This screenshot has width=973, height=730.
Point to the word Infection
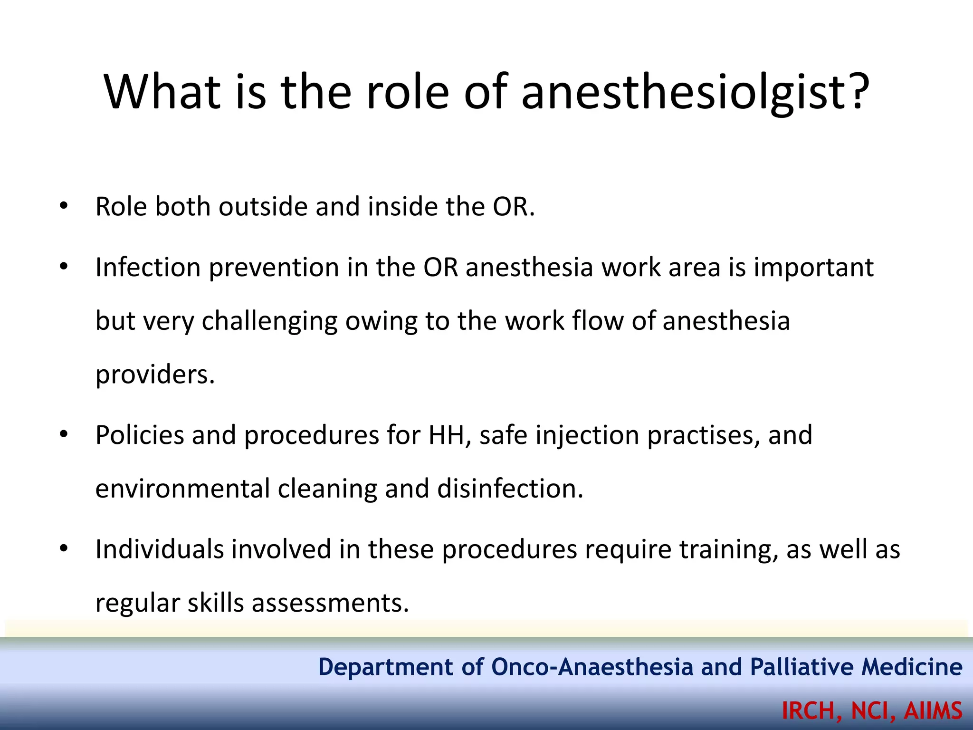click(x=148, y=267)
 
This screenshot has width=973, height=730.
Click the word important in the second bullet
click(x=813, y=268)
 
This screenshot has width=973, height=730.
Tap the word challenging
click(x=269, y=321)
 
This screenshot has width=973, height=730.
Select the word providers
click(x=155, y=375)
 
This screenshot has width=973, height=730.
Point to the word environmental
click(x=182, y=489)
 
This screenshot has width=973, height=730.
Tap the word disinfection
click(x=510, y=489)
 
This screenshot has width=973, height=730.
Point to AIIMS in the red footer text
click(x=933, y=711)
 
